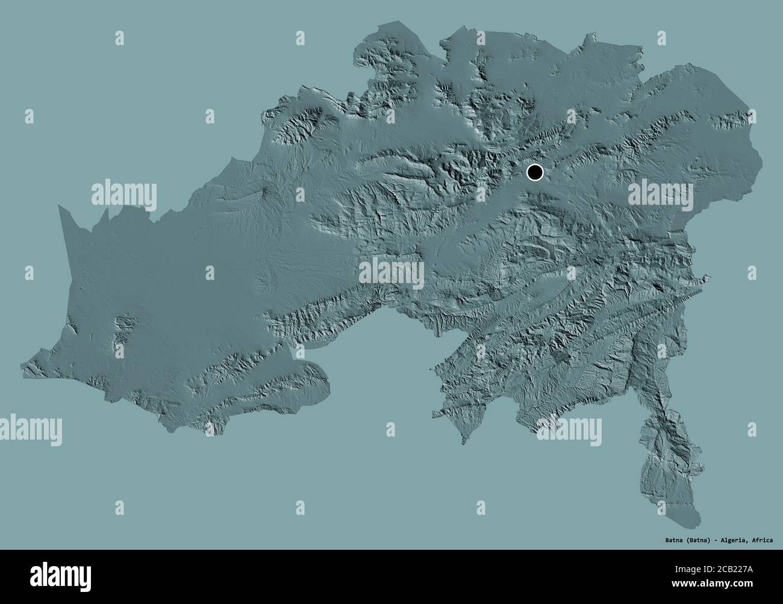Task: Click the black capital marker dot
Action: coord(534,172)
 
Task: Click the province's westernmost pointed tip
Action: coord(23,363)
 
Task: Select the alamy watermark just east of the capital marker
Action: coord(661,196)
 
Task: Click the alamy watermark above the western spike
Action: coord(123,196)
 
